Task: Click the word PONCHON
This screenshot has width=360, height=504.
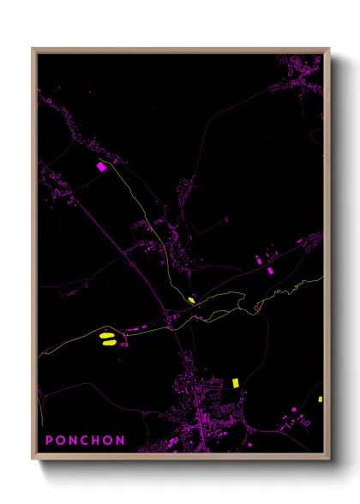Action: [x=85, y=441]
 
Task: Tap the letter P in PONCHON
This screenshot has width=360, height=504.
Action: [x=50, y=441]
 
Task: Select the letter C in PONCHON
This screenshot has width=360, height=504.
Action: [x=85, y=441]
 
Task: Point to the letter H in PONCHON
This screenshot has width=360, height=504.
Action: [x=97, y=441]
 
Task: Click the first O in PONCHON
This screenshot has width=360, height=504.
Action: [x=61, y=441]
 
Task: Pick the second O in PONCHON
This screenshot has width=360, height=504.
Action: [x=109, y=441]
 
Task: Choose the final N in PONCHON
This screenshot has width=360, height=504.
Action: [x=121, y=441]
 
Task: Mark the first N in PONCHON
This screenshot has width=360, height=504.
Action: [x=73, y=441]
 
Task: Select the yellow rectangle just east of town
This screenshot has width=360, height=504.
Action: [x=235, y=381]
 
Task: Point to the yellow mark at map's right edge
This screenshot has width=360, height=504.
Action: [x=320, y=399]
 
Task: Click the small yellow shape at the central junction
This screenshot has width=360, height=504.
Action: [x=190, y=299]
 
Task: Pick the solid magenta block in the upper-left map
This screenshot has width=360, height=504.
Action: [x=101, y=167]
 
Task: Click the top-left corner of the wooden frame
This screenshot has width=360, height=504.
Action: [x=33, y=49]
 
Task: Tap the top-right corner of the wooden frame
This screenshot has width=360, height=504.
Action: [x=329, y=49]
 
